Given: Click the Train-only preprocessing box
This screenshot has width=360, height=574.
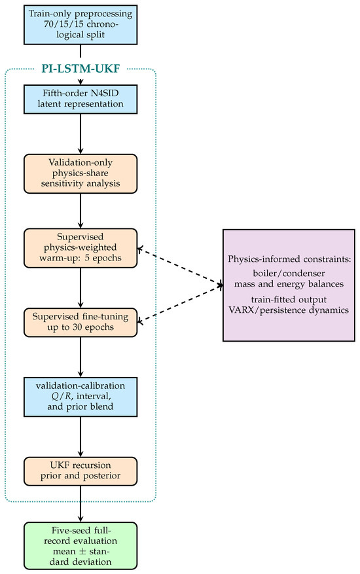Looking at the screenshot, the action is pyautogui.click(x=81, y=24).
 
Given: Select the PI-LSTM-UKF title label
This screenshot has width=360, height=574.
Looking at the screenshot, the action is pyautogui.click(x=81, y=69).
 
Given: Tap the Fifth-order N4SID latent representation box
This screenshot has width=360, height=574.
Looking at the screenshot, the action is pyautogui.click(x=81, y=99).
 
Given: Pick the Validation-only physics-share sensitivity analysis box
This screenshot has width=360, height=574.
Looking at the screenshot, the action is pyautogui.click(x=81, y=173).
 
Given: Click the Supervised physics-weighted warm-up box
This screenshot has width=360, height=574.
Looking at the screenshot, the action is pyautogui.click(x=81, y=248).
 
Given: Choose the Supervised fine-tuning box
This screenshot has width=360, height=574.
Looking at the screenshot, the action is pyautogui.click(x=81, y=322).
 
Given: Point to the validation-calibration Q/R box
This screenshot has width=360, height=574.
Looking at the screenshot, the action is pyautogui.click(x=81, y=397).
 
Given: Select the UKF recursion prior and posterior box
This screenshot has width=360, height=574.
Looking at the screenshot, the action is pyautogui.click(x=81, y=471).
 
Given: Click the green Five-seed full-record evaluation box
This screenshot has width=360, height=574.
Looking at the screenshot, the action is pyautogui.click(x=81, y=546).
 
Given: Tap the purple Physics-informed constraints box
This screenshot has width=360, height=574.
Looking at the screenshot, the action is pyautogui.click(x=289, y=285).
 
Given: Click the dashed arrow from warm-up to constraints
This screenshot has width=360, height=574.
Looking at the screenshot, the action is pyautogui.click(x=180, y=267).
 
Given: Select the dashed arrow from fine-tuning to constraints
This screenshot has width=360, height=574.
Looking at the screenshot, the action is pyautogui.click(x=180, y=304).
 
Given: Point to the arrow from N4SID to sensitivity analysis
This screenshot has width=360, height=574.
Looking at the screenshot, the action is pyautogui.click(x=81, y=134).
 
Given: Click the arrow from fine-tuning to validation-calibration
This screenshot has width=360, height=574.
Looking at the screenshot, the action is pyautogui.click(x=81, y=357).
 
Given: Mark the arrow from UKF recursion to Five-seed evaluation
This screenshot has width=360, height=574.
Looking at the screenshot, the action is pyautogui.click(x=81, y=504).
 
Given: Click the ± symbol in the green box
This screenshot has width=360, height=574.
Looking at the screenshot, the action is pyautogui.click(x=82, y=551).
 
